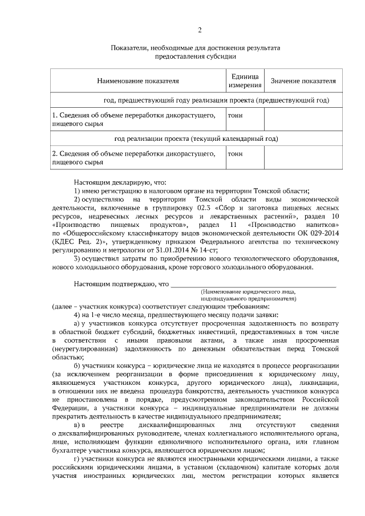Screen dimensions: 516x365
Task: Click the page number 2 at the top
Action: pos(199,30)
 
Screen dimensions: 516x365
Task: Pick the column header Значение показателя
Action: pos(303,82)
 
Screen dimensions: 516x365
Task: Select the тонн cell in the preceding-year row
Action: pos(235,115)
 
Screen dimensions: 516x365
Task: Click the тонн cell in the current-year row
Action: pos(235,153)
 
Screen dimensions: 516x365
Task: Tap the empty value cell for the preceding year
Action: pos(303,119)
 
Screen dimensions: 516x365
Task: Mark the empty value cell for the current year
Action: pos(303,157)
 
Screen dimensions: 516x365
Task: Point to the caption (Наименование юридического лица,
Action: pos(249,291)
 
